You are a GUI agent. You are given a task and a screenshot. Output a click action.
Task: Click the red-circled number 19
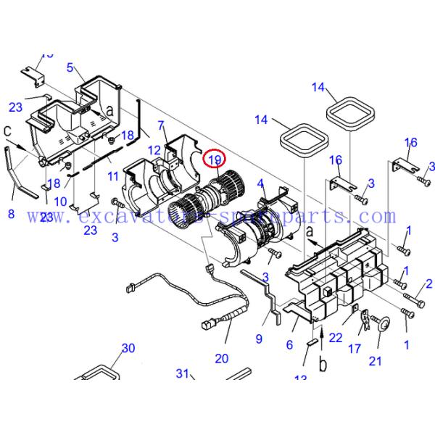(x=215, y=159)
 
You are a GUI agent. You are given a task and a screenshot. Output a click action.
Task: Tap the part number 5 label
(x=70, y=67)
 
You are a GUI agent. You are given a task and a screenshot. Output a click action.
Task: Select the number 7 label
(x=161, y=125)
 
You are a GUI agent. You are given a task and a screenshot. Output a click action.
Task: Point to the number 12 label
(x=154, y=150)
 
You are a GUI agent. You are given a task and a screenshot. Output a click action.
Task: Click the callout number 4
(x=260, y=184)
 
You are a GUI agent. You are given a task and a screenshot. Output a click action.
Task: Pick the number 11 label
(x=112, y=176)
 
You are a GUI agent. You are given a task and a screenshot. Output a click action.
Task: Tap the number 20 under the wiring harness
(x=221, y=358)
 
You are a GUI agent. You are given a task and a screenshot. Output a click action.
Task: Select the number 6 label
(x=289, y=345)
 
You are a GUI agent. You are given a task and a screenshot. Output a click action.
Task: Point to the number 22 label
(x=335, y=338)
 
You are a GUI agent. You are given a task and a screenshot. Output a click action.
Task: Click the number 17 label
(x=355, y=349)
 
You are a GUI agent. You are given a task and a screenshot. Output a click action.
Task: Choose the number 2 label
(x=428, y=283)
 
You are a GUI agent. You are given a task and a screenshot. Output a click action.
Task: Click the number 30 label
(x=128, y=348)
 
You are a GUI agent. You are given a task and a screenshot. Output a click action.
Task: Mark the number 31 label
(x=183, y=373)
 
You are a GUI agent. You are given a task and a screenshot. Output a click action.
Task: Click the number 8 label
(x=11, y=214)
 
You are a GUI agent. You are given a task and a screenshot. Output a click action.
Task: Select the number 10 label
(x=60, y=201)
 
